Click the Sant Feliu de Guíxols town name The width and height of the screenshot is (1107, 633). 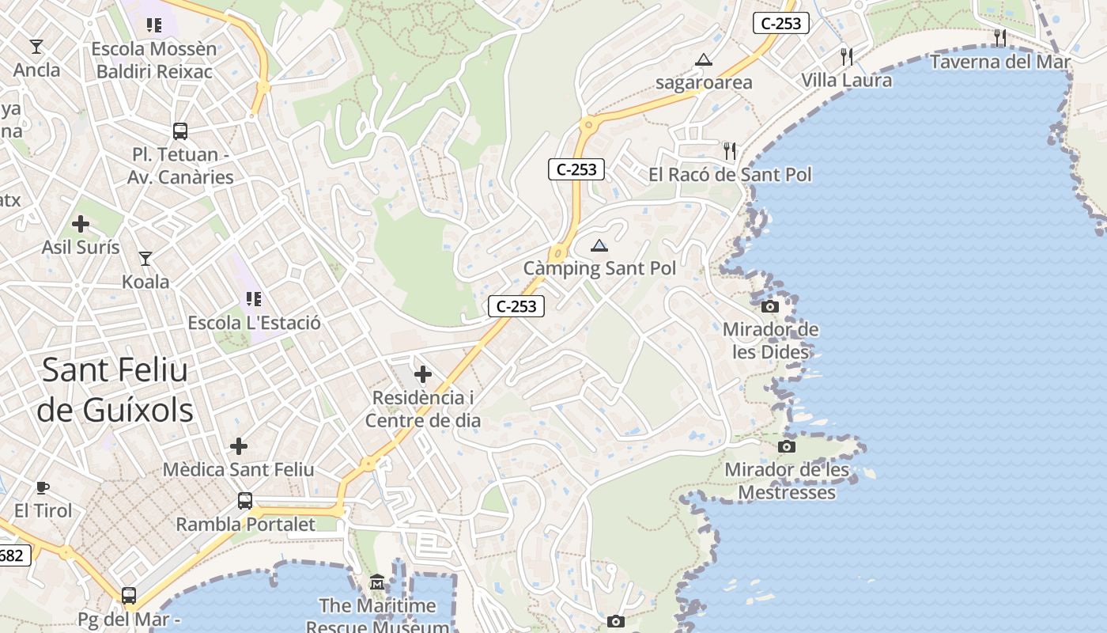(115, 389)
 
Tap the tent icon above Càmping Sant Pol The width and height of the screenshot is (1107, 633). (599, 245)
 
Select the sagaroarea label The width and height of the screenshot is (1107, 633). (704, 82)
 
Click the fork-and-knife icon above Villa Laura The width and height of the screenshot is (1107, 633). (847, 56)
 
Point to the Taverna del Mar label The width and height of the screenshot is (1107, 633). (1000, 62)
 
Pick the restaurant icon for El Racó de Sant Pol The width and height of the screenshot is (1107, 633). (730, 150)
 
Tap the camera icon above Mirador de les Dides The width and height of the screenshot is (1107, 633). (770, 306)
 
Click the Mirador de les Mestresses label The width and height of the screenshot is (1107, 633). (786, 481)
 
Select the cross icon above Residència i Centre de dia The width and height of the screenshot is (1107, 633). (423, 374)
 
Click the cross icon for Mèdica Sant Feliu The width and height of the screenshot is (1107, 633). (239, 446)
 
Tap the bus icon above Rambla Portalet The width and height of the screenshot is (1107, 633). (245, 501)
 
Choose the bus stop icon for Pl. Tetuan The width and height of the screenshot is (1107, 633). (180, 131)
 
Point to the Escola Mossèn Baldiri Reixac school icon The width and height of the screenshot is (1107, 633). (154, 25)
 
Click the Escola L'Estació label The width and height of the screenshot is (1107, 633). (254, 323)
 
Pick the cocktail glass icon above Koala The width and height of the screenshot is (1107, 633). (145, 258)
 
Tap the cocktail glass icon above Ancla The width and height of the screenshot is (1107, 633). (36, 46)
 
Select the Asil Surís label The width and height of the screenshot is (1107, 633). (81, 248)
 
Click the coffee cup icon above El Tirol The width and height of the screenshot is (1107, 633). (43, 487)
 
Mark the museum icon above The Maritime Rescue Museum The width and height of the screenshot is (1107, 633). (376, 583)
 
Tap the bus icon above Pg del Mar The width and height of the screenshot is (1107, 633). (129, 595)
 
